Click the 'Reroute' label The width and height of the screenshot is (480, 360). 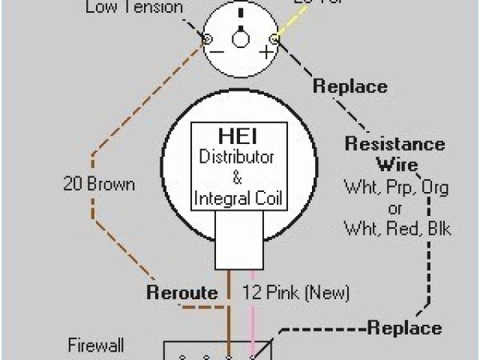click(182, 292)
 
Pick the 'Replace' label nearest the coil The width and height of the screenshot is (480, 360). click(349, 85)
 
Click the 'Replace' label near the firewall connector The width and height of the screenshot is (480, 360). click(404, 328)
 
